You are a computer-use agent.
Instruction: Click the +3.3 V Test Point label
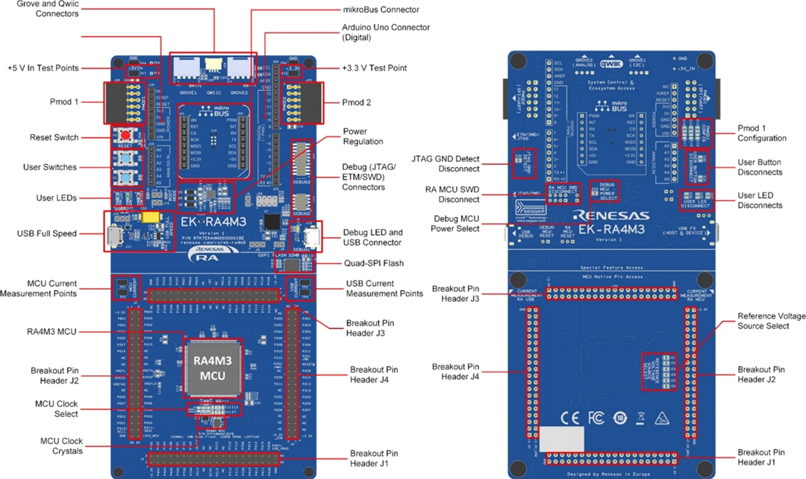tap(375, 68)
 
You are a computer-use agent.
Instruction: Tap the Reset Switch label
tap(54, 137)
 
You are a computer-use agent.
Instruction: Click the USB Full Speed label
tap(46, 234)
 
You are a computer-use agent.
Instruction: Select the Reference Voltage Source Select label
tap(771, 321)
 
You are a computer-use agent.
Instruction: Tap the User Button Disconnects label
tap(760, 166)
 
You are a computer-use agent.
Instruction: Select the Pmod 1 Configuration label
tap(761, 133)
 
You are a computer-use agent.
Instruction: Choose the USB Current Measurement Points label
tap(384, 289)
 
